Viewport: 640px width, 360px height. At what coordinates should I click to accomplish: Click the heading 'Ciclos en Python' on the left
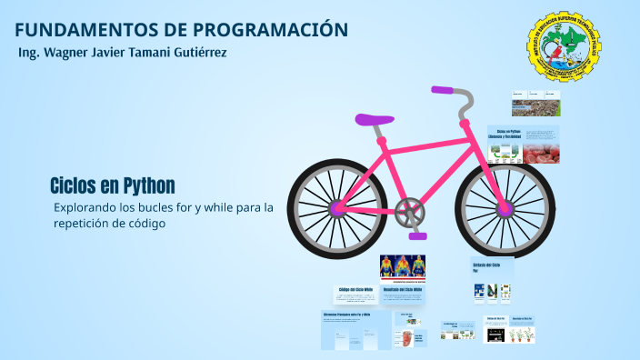pyautogui.click(x=113, y=186)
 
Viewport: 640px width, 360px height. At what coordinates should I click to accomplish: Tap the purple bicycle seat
pyautogui.click(x=374, y=119)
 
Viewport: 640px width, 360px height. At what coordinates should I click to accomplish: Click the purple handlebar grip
pyautogui.click(x=443, y=90)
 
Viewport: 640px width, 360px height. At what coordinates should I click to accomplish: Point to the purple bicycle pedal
pyautogui.click(x=417, y=235)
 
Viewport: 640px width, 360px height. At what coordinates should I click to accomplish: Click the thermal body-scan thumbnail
pyautogui.click(x=403, y=266)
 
